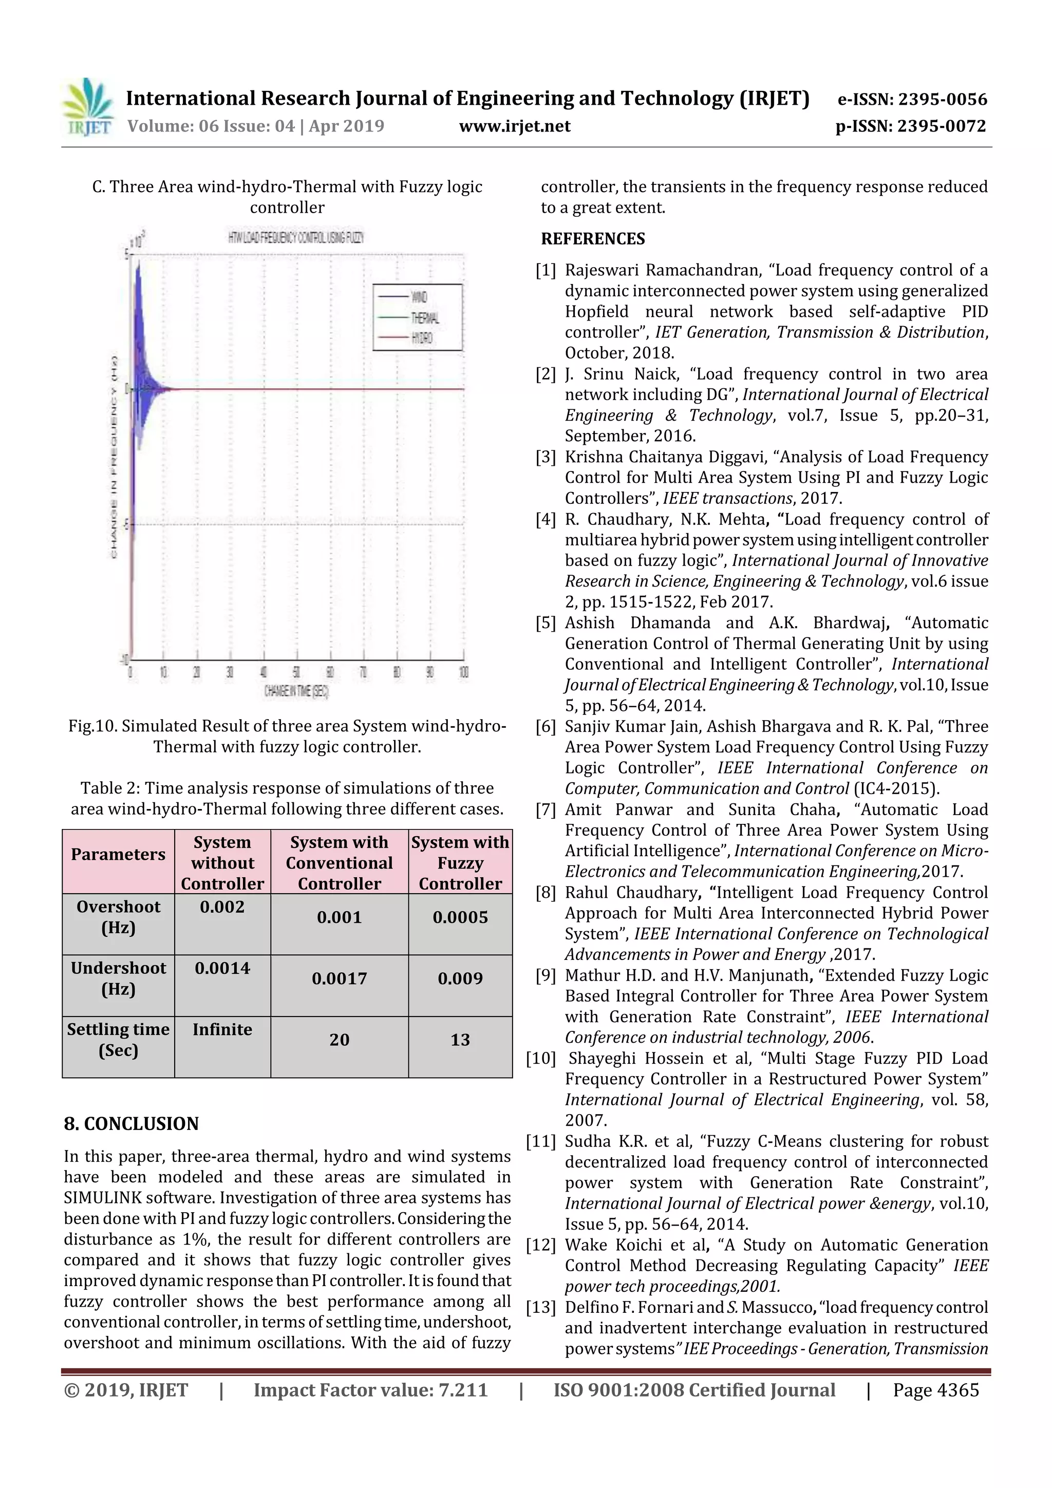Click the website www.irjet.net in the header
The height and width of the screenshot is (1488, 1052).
tap(515, 126)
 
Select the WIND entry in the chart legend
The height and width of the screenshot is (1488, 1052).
tap(419, 297)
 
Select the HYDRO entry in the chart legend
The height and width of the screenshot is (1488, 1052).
tap(421, 337)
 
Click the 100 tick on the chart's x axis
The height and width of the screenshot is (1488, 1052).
tap(463, 672)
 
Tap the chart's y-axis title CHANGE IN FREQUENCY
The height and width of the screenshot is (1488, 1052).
tap(114, 457)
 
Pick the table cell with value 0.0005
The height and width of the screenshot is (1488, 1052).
tap(460, 917)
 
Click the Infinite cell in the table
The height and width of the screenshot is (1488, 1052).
tap(222, 1029)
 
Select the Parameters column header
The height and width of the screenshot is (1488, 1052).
tap(118, 854)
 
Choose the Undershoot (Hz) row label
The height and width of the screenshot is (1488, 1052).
tap(118, 978)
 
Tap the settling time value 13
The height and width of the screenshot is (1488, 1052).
tap(460, 1040)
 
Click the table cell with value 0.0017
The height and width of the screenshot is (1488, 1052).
tap(339, 978)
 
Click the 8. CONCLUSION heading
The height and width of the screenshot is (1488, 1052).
tap(131, 1123)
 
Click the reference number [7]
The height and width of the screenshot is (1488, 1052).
tap(545, 809)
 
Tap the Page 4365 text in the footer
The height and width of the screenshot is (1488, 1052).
tap(935, 1389)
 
